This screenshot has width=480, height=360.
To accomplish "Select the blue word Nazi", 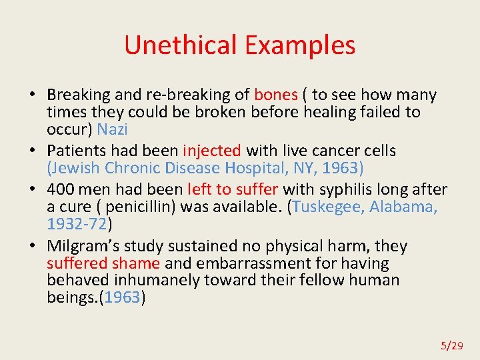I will [x=112, y=129].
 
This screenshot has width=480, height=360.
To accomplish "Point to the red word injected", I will [x=212, y=151].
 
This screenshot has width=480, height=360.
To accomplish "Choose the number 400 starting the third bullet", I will [x=61, y=190].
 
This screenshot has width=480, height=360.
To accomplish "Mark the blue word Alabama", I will [x=403, y=207].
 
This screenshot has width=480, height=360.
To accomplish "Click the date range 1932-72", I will [x=77, y=223].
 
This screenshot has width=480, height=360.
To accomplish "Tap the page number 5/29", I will [x=451, y=345].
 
